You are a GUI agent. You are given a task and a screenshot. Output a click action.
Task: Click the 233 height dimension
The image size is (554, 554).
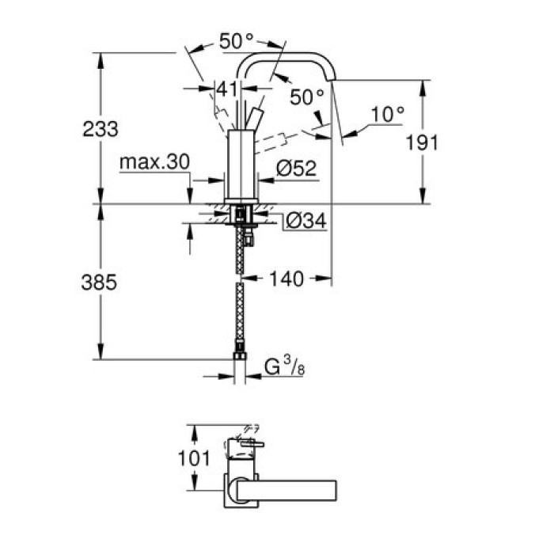100,129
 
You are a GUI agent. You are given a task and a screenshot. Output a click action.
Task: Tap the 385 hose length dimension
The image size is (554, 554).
100,282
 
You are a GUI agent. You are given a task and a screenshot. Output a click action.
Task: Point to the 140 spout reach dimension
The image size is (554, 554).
286,279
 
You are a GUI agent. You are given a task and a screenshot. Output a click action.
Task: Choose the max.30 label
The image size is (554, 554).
154,163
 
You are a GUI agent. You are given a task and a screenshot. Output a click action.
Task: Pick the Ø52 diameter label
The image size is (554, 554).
298,168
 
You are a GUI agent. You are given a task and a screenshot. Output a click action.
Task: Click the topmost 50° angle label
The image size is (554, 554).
237,43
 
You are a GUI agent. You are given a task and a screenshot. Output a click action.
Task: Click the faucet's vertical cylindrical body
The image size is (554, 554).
241,162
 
